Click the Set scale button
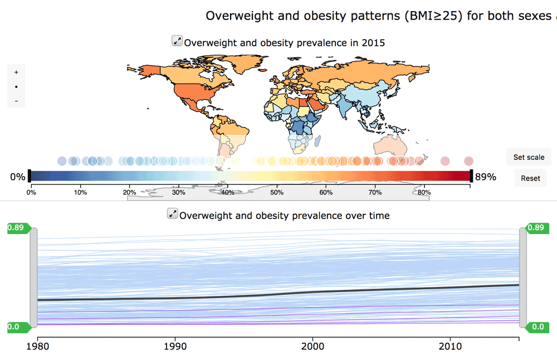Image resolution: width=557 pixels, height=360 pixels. click(x=529, y=157)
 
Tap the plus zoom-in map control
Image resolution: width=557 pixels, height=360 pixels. click(x=16, y=72)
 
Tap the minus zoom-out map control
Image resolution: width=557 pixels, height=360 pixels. click(x=16, y=101)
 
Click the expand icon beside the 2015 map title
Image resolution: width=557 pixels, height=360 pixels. click(x=177, y=41)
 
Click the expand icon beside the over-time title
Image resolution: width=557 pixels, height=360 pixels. click(x=173, y=213)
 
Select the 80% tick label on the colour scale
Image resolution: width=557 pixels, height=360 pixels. click(x=424, y=192)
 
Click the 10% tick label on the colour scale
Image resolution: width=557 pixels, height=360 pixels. click(x=80, y=192)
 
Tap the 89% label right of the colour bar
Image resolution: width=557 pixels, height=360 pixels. click(x=485, y=177)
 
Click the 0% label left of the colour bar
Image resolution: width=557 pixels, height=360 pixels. click(x=17, y=177)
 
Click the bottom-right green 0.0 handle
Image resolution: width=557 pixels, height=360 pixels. click(x=537, y=327)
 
